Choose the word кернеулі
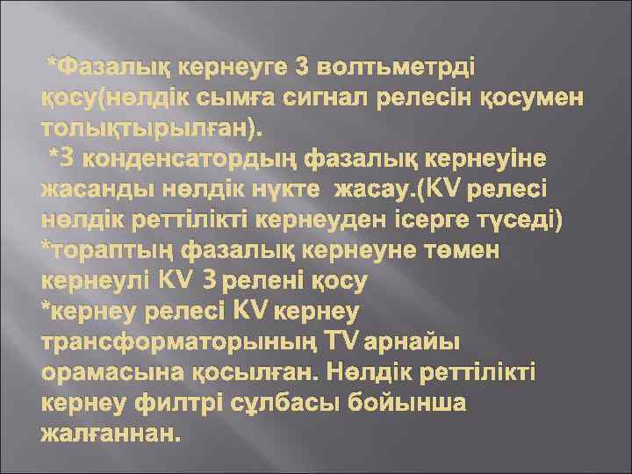[95, 280]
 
